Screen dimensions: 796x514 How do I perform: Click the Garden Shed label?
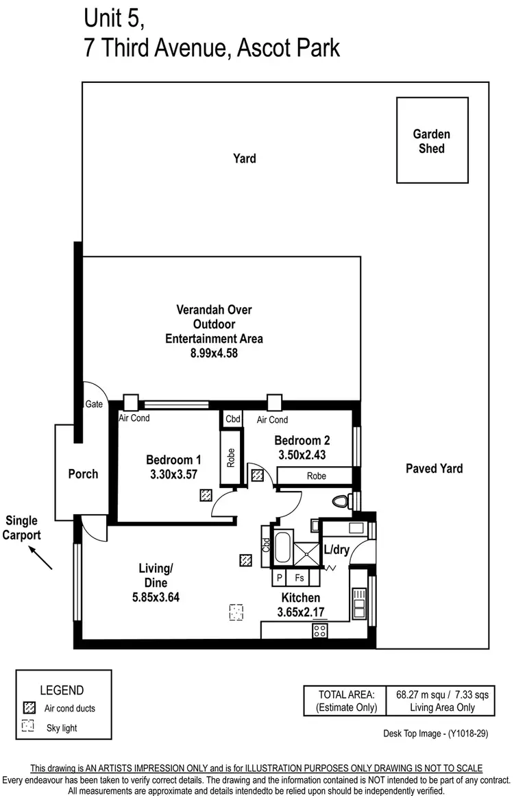[432, 141]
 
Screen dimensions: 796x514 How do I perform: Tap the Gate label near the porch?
[94, 405]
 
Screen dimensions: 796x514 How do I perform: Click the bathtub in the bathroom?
[282, 547]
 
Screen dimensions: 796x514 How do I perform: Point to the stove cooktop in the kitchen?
[319, 631]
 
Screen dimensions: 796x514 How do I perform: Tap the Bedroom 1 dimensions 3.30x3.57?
[173, 474]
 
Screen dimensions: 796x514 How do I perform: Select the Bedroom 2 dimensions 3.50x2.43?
[302, 454]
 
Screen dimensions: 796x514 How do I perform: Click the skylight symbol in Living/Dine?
[236, 611]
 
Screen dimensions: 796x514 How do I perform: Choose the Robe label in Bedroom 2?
[316, 476]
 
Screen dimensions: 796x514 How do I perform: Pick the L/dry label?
[336, 549]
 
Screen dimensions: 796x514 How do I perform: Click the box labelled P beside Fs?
[280, 579]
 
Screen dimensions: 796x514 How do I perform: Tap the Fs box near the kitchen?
[300, 579]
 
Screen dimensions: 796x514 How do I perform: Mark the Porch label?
[83, 474]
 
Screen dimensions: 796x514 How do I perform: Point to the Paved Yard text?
[434, 469]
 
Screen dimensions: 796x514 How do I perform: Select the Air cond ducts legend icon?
[28, 708]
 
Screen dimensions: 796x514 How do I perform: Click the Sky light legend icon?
[28, 727]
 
